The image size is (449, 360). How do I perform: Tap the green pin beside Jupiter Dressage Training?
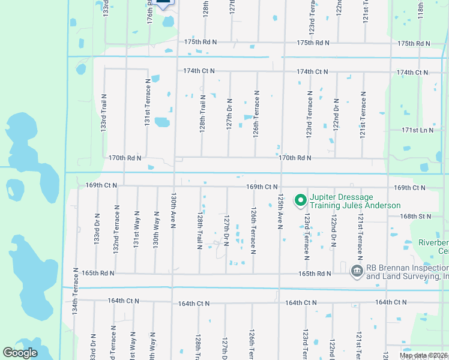(300, 200)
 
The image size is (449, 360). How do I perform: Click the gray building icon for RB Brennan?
(357, 271)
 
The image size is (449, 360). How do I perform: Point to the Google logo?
(20, 353)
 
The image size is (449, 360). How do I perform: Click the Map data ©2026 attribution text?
(423, 355)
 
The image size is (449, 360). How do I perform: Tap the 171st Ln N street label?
(417, 130)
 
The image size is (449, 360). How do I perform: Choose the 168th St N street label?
(417, 216)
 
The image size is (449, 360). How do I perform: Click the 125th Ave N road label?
(280, 211)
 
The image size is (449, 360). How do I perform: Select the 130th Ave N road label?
(173, 211)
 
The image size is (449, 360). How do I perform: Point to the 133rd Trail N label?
(104, 112)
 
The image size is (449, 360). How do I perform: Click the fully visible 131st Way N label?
(136, 229)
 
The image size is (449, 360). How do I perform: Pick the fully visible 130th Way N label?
(155, 229)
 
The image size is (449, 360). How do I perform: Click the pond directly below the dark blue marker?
(167, 22)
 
